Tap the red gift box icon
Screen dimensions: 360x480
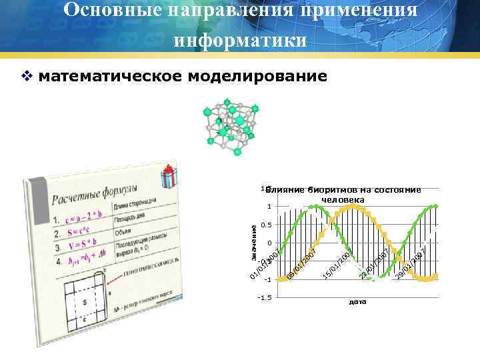pos(168,178)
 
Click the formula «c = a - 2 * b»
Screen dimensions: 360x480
pos(84,217)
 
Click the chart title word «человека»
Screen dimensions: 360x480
pos(343,199)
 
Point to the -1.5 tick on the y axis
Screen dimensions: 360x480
pos(265,298)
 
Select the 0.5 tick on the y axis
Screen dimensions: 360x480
pos(266,225)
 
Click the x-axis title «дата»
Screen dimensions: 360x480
pos(357,302)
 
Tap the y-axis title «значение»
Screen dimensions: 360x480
pos(255,242)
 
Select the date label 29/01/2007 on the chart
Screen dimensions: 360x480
pos(409,265)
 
